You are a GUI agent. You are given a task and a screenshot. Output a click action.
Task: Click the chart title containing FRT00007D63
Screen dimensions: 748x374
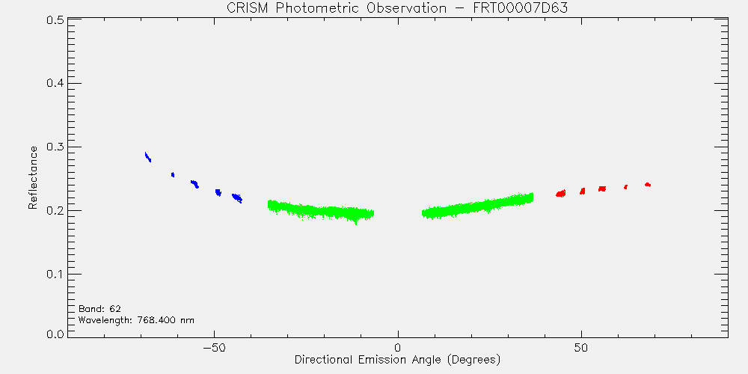pyautogui.click(x=397, y=8)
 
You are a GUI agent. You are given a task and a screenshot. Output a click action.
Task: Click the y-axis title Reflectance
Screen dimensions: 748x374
pyautogui.click(x=32, y=177)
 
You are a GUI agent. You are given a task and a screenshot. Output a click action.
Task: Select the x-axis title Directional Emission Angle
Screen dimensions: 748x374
pyautogui.click(x=397, y=359)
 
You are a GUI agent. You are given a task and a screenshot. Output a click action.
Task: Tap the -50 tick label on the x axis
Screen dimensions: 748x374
pyautogui.click(x=214, y=347)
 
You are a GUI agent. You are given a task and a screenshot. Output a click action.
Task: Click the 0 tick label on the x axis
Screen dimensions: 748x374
pyautogui.click(x=398, y=347)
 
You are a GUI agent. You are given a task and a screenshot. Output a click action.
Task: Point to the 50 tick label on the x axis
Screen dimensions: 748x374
pyautogui.click(x=581, y=347)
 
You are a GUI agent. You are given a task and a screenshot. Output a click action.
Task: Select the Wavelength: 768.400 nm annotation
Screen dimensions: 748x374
pyautogui.click(x=136, y=320)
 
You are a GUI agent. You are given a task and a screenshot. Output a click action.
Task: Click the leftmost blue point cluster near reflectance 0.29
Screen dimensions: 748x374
pyautogui.click(x=148, y=157)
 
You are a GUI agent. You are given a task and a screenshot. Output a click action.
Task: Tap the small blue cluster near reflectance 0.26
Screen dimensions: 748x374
pyautogui.click(x=173, y=174)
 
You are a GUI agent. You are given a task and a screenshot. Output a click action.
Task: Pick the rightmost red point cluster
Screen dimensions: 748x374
pyautogui.click(x=647, y=185)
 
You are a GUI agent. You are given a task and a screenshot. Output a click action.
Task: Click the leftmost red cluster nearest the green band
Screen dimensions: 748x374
pyautogui.click(x=561, y=193)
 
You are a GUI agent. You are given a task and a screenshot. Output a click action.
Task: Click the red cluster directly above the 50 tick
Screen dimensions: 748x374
pyautogui.click(x=583, y=191)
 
